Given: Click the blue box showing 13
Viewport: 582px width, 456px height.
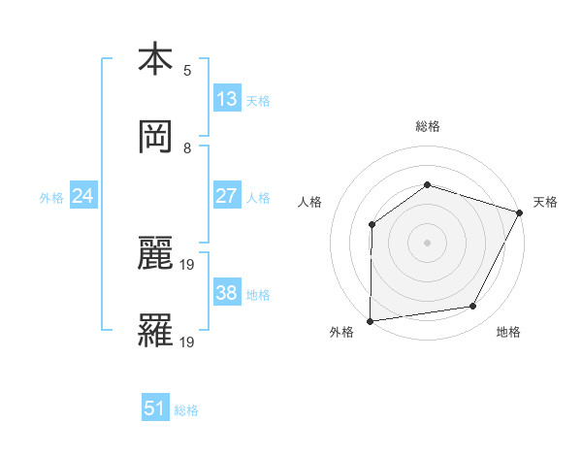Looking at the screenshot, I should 227,99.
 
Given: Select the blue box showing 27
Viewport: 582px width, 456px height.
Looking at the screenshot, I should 227,196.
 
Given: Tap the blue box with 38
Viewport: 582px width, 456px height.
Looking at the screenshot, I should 227,293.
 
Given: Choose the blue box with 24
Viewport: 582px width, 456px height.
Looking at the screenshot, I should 83,196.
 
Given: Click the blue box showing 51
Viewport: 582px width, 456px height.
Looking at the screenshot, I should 155,408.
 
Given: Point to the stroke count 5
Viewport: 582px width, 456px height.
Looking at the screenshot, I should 187,70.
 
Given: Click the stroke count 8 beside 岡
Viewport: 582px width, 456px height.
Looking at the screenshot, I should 187,148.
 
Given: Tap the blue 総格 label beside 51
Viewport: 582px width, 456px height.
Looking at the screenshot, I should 186,410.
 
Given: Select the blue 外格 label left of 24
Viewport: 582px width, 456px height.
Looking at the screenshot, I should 51,198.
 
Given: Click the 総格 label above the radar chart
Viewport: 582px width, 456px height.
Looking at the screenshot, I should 427,126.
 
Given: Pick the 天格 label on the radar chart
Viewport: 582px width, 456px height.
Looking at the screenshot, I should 546,202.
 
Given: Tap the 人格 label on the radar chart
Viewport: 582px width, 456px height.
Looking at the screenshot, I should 309,202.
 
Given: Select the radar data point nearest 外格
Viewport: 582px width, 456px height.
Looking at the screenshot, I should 370,320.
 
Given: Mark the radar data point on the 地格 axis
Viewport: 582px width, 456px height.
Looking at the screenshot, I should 473,307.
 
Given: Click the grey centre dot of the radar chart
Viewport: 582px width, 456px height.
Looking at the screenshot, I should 427,242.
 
